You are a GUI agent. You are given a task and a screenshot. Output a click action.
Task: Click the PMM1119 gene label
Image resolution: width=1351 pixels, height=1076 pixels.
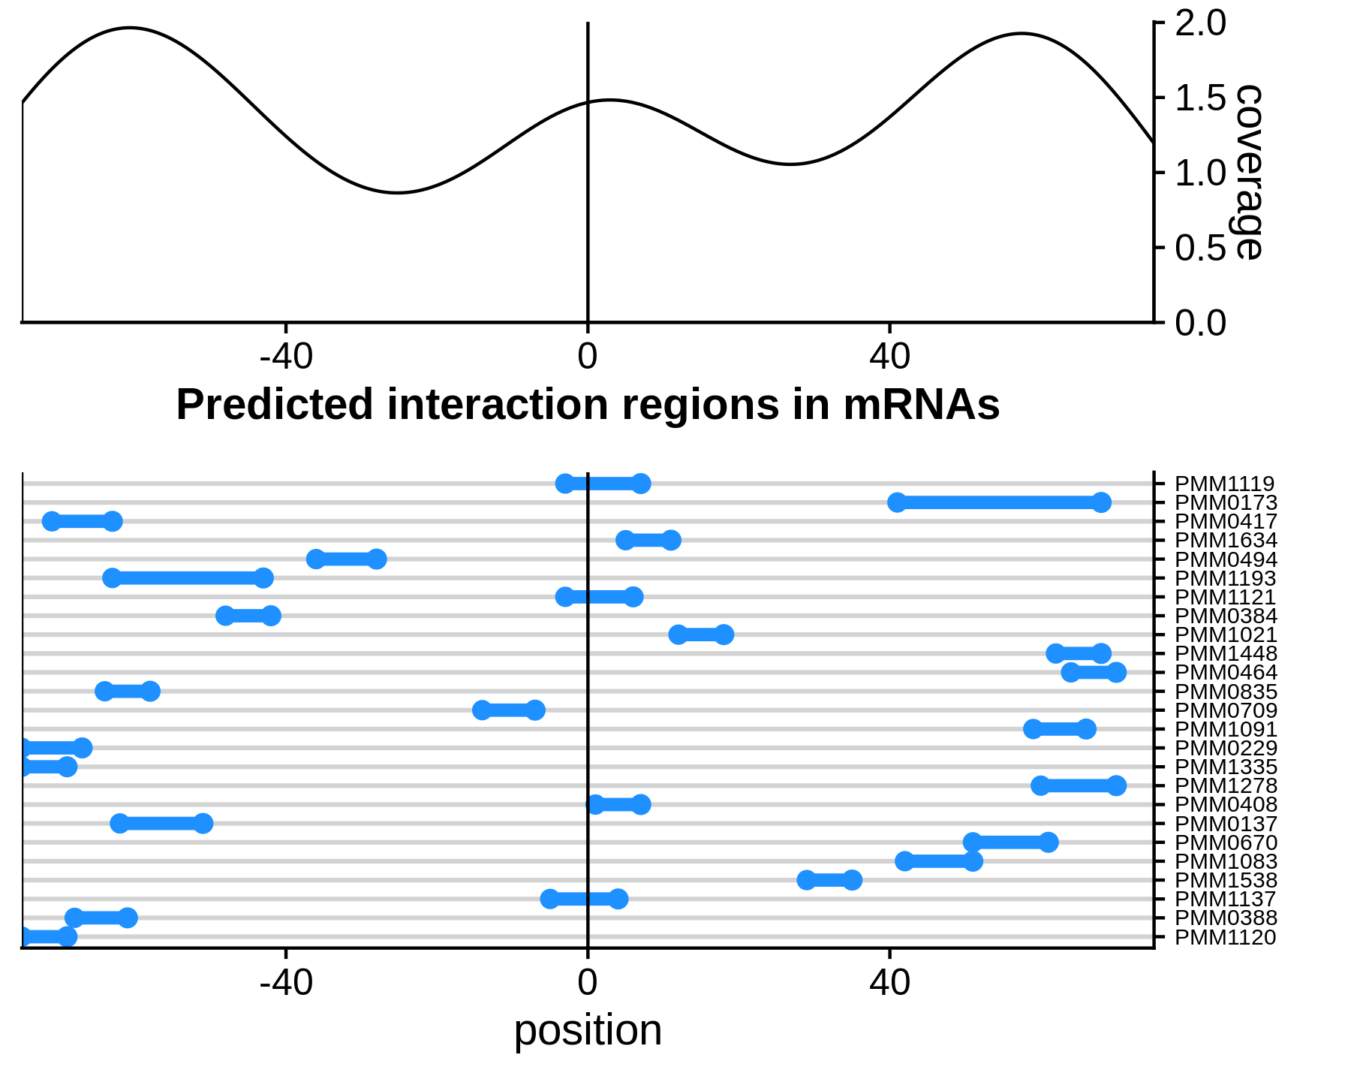[x=1224, y=484]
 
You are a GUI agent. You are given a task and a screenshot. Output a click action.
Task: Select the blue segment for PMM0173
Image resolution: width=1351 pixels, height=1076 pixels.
[x=998, y=503]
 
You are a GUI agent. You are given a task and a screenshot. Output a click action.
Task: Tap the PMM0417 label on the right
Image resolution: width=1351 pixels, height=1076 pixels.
[x=1225, y=522]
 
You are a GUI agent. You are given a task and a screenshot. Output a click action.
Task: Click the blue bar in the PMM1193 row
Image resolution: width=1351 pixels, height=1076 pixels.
[x=188, y=578]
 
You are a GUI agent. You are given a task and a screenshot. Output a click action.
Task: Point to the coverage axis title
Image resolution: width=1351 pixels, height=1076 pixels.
[x=1246, y=173]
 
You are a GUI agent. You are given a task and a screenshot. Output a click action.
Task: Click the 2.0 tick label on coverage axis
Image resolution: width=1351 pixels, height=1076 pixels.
[x=1199, y=24]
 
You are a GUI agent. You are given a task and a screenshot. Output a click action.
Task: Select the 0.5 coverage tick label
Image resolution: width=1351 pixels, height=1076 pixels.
[x=1199, y=249]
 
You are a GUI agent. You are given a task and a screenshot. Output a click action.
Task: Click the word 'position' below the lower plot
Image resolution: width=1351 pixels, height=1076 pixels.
[x=588, y=1029]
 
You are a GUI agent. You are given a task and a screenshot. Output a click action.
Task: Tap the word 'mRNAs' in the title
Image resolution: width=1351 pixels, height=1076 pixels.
[x=921, y=405]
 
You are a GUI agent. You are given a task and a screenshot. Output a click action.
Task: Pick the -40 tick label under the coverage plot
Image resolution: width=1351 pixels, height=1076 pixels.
[x=286, y=357]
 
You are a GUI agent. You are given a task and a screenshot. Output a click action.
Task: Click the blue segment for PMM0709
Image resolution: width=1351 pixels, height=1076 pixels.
[x=508, y=710]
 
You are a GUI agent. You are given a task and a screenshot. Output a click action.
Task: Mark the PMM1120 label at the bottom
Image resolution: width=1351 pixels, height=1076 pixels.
[x=1225, y=937]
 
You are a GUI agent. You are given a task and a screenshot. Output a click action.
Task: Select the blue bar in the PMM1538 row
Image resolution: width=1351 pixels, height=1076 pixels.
[x=829, y=880]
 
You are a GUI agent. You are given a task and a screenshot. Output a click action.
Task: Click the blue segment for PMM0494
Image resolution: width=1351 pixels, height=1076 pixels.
[x=346, y=559]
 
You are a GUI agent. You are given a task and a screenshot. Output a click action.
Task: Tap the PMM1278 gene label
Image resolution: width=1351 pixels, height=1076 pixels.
[x=1225, y=786]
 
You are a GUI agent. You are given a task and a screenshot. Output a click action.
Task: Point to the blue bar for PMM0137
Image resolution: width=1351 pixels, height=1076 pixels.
[x=161, y=824]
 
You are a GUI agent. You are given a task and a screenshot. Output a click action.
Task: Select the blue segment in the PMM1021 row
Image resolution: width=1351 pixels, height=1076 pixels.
[x=701, y=635]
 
